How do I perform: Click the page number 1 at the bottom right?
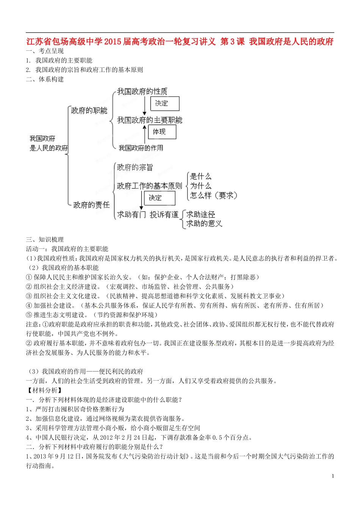pos(333,476)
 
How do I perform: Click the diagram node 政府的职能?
pos(89,111)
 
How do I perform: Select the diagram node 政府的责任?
pos(91,205)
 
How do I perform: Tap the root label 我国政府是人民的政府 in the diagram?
pos(49,143)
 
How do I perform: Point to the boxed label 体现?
pos(162,131)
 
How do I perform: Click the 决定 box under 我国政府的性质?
pos(164,103)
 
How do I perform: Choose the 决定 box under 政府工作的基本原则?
pos(159,198)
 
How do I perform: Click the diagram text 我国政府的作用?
pos(141,148)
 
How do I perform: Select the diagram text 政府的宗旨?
pos(135,167)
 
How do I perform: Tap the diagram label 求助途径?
pos(200,214)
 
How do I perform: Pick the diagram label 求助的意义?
pos(204,224)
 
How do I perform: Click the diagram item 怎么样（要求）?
pos(214,195)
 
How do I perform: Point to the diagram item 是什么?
pos(200,176)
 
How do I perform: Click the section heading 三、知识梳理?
pos(45,239)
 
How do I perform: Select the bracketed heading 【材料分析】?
pos(44,390)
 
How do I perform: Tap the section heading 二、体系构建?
pos(45,79)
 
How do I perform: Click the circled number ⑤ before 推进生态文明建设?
pos(29,315)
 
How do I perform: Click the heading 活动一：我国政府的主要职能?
pos(67,249)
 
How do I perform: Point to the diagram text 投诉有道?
pos(164,215)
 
